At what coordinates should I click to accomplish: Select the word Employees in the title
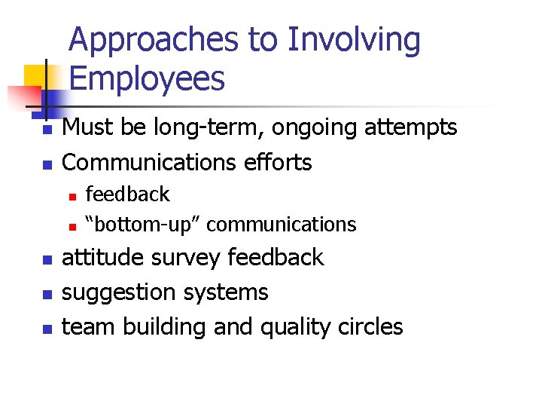click(x=147, y=78)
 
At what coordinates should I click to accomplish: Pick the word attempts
click(x=411, y=129)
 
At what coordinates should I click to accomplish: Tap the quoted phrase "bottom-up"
click(x=142, y=224)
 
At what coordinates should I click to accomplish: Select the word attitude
click(x=103, y=257)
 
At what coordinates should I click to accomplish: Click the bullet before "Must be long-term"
click(x=46, y=130)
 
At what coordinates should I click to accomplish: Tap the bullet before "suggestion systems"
click(x=46, y=294)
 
